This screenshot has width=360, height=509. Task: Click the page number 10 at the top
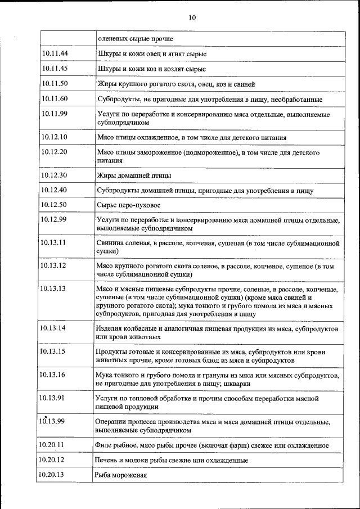coord(192,18)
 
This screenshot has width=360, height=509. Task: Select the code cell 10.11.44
coord(55,53)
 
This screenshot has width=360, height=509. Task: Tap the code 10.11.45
coord(55,69)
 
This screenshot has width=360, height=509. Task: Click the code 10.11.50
coord(55,84)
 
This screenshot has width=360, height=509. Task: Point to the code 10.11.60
coord(55,99)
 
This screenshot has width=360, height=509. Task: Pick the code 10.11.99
coord(55,114)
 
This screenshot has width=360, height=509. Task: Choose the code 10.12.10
coord(55,137)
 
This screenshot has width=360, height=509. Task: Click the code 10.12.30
coord(55,175)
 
